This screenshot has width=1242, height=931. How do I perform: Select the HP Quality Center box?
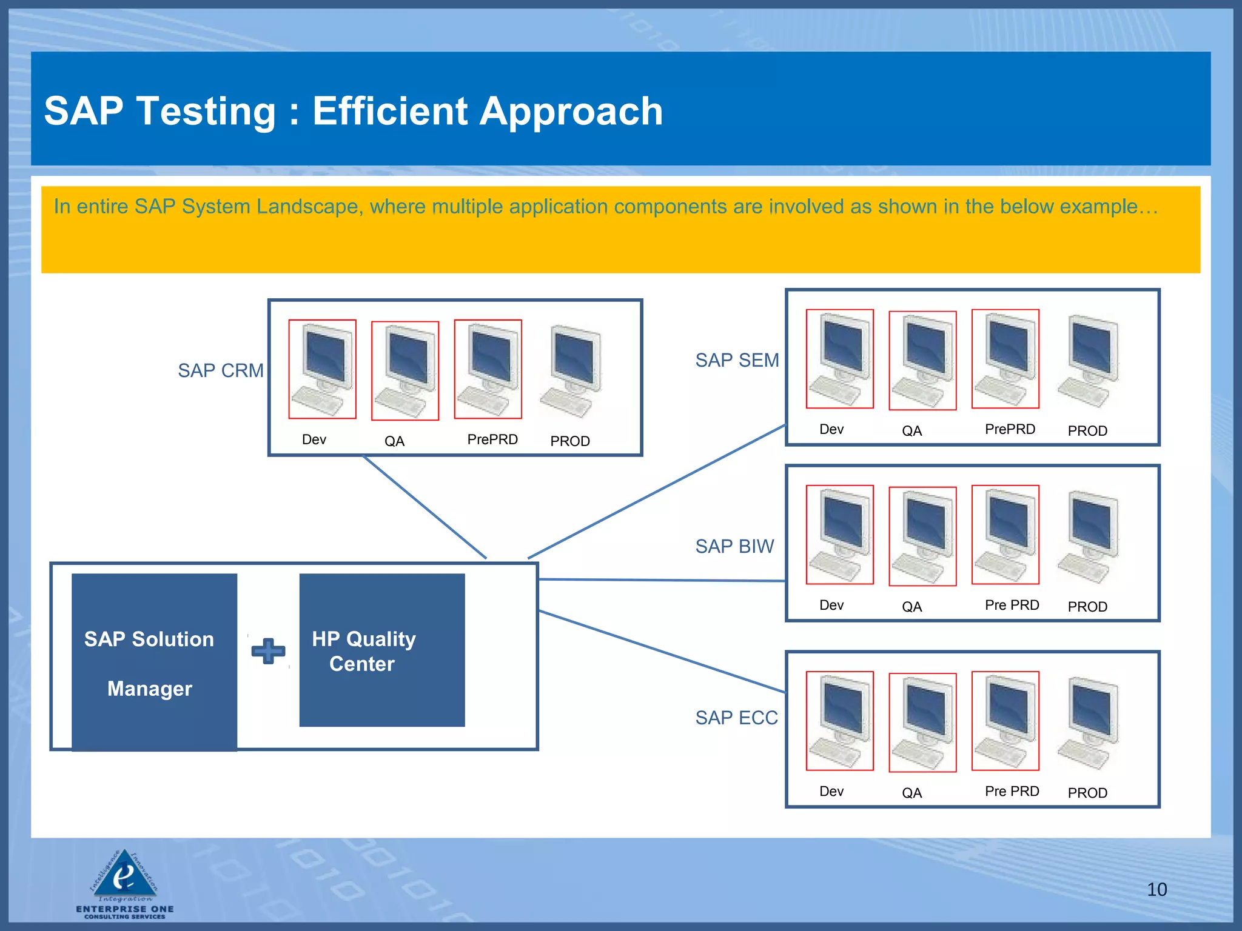(381, 650)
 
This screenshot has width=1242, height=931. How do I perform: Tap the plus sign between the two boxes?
(268, 651)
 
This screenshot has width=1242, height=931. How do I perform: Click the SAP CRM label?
(220, 370)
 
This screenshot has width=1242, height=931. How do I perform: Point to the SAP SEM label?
(736, 360)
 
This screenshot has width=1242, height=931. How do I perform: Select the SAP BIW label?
(734, 546)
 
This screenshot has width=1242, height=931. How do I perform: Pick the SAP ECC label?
(736, 718)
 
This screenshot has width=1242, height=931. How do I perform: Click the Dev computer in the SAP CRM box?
(322, 369)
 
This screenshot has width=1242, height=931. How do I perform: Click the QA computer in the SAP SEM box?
(922, 361)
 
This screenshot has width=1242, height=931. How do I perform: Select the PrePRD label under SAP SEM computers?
(1009, 429)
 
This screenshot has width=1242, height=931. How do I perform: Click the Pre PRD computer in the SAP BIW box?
(1005, 535)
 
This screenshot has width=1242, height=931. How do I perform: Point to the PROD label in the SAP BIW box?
(1087, 607)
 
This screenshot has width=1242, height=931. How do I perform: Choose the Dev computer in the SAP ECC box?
(839, 721)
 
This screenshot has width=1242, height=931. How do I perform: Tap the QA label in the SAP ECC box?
(911, 793)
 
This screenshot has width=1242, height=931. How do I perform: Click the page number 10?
(1156, 889)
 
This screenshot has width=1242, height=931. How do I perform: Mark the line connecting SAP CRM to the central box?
(425, 507)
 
